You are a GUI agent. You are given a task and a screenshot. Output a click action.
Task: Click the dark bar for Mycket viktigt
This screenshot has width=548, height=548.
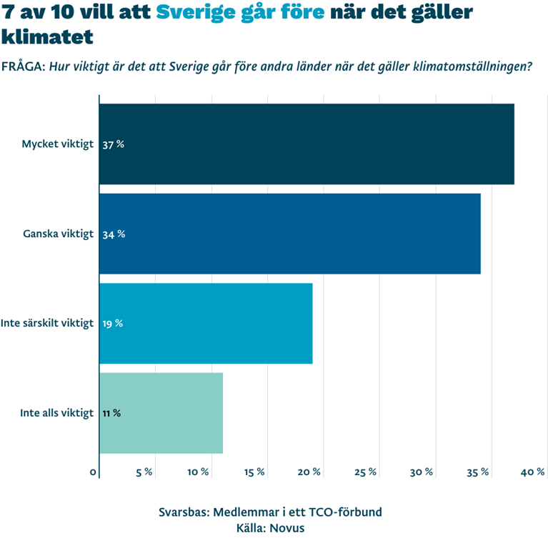[x=307, y=144]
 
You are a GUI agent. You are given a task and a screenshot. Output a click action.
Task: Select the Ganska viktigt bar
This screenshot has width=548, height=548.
[x=290, y=234]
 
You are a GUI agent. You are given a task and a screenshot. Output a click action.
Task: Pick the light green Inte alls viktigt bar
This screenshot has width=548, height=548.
[x=161, y=413]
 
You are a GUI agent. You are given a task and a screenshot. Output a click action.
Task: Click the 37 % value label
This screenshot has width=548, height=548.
[x=113, y=144]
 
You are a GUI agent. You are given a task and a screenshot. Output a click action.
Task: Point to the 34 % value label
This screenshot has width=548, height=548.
[x=114, y=234]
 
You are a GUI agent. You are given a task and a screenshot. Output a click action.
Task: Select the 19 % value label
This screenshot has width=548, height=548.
[x=112, y=324]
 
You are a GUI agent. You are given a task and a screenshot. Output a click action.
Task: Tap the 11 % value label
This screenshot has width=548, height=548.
[x=111, y=413]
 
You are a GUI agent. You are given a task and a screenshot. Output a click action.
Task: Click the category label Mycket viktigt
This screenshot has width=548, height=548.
[x=57, y=144]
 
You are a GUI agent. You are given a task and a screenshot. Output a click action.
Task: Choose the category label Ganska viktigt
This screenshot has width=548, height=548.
[x=59, y=234]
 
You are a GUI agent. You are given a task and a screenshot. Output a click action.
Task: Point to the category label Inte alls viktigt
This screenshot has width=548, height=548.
[x=57, y=413]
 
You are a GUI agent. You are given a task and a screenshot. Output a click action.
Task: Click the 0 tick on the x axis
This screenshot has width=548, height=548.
[x=94, y=472]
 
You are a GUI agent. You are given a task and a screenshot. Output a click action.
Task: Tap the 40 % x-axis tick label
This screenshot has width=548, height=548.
[x=534, y=472]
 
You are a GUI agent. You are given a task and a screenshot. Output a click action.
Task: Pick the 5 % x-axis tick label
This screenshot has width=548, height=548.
[x=144, y=472]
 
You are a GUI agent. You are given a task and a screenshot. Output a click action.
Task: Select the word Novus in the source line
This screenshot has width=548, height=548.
[x=291, y=529]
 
